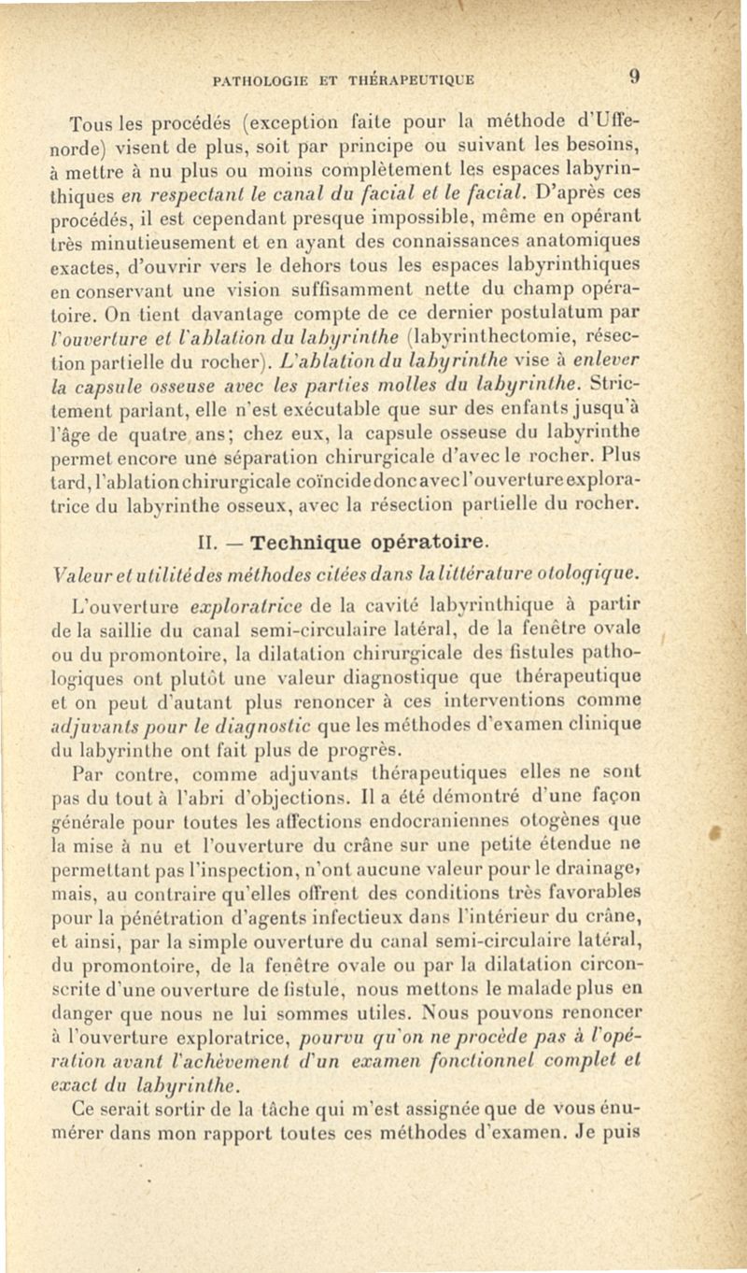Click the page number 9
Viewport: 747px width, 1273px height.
[632, 78]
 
